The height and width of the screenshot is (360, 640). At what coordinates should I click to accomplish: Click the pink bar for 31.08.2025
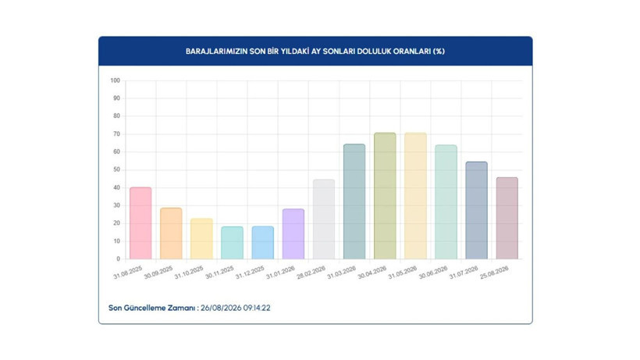pyautogui.click(x=140, y=223)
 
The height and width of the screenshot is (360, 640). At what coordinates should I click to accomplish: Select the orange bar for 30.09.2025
pyautogui.click(x=171, y=233)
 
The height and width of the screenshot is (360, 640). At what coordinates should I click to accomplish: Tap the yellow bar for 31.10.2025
pyautogui.click(x=201, y=239)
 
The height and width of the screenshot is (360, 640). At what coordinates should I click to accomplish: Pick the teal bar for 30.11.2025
pyautogui.click(x=233, y=243)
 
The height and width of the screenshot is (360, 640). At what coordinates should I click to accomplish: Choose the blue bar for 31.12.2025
pyautogui.click(x=263, y=243)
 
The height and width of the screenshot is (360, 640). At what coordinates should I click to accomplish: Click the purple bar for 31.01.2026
pyautogui.click(x=293, y=233)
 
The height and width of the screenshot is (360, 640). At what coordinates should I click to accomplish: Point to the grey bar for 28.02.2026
pyautogui.click(x=324, y=219)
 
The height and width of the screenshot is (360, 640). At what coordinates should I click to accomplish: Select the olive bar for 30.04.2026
pyautogui.click(x=385, y=196)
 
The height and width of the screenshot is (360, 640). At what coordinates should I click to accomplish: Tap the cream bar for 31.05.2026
pyautogui.click(x=415, y=196)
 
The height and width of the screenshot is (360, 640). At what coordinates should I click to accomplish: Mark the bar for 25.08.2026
pyautogui.click(x=507, y=219)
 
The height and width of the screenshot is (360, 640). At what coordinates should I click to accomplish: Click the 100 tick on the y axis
pyautogui.click(x=115, y=80)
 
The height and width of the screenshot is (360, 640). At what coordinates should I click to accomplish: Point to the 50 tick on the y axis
pyautogui.click(x=117, y=169)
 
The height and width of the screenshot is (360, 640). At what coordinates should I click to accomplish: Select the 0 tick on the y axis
pyautogui.click(x=119, y=258)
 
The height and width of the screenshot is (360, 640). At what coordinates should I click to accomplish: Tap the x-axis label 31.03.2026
pyautogui.click(x=342, y=273)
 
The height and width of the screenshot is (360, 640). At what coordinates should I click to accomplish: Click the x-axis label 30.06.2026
pyautogui.click(x=433, y=273)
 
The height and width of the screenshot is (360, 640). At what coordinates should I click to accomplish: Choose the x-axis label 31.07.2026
pyautogui.click(x=464, y=273)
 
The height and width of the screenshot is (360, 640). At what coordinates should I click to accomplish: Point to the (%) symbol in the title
pyautogui.click(x=439, y=52)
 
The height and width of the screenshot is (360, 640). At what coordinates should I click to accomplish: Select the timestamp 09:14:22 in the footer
pyautogui.click(x=257, y=308)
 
